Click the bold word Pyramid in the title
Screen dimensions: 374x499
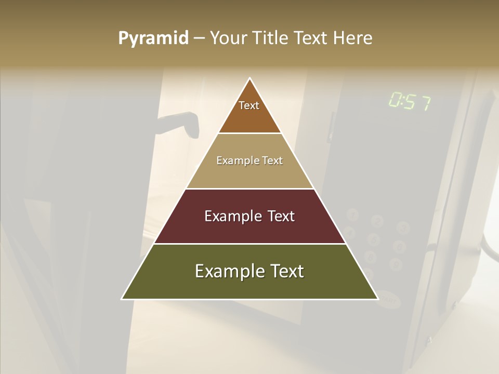(x=153, y=38)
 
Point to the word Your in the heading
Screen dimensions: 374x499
(x=228, y=38)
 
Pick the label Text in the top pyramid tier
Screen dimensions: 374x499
(x=249, y=105)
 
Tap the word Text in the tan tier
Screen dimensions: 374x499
(x=272, y=161)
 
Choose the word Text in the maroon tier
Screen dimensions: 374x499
(x=282, y=216)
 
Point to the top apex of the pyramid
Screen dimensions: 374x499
(x=250, y=78)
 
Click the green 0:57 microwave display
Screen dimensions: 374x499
(x=410, y=101)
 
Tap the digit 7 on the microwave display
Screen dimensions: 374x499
(x=425, y=103)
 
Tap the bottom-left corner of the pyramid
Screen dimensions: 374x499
(x=122, y=299)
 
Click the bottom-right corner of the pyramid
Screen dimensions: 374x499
(x=378, y=299)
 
